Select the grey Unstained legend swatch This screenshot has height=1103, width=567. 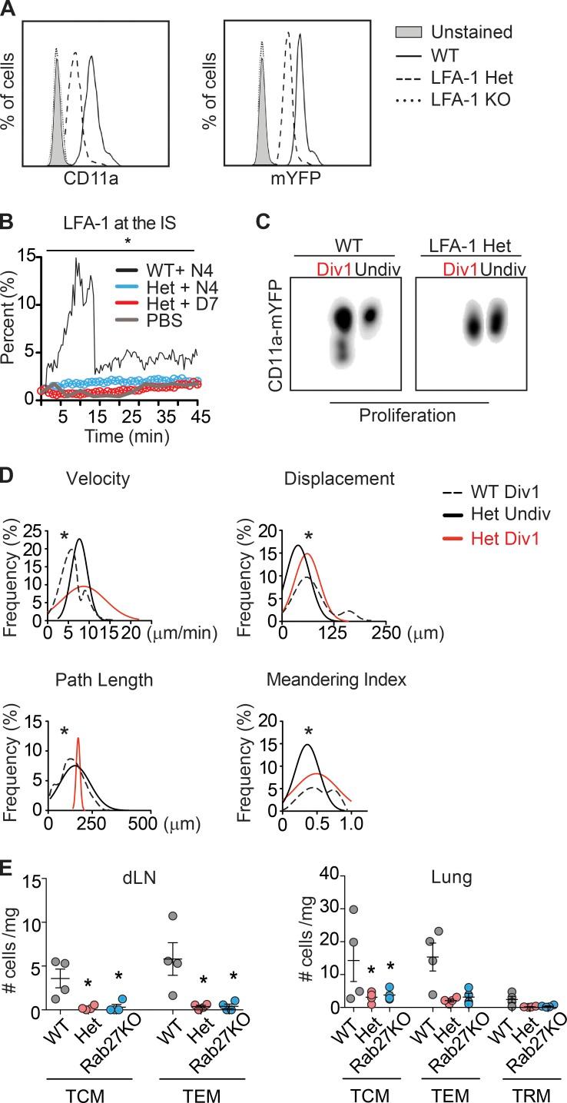(409, 33)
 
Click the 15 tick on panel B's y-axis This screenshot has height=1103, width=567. (29, 257)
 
